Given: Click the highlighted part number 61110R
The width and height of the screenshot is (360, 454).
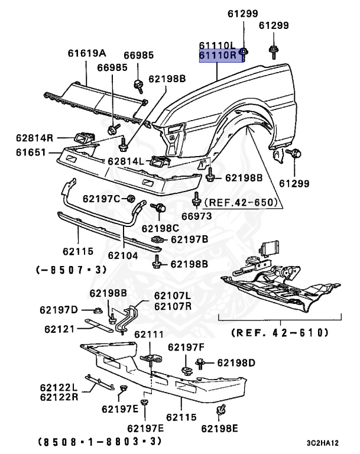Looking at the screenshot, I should (x=218, y=56).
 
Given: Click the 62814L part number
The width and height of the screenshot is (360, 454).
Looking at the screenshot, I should (x=126, y=161).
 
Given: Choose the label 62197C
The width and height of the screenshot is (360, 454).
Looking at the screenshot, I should (x=101, y=198).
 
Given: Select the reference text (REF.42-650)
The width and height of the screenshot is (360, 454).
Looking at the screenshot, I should (x=241, y=202).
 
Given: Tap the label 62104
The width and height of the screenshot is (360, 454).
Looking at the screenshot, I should (x=123, y=255).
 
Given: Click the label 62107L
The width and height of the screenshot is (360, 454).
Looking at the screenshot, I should (x=173, y=296).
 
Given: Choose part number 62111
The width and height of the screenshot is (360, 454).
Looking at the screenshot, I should (x=148, y=335).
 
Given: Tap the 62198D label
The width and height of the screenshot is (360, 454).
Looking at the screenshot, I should (x=235, y=362).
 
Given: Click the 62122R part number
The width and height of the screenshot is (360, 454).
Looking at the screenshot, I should (x=59, y=396).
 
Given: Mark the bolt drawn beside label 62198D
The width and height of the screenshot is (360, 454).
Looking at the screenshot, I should (x=202, y=361).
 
